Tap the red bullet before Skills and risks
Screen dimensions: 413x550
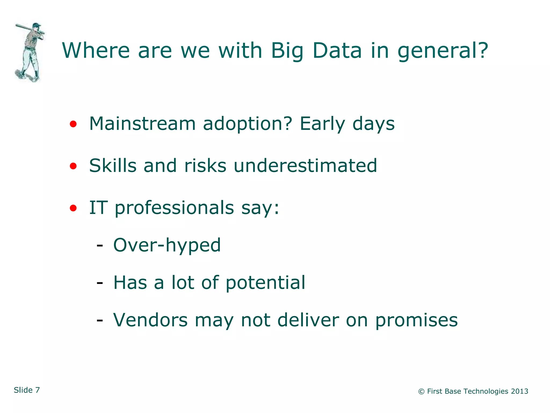[73, 166]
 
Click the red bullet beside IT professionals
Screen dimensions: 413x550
[73, 208]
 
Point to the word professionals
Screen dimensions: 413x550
[174, 208]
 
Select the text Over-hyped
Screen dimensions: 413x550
[167, 245]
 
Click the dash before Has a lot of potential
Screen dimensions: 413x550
[100, 283]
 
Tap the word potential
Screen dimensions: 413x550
[265, 283]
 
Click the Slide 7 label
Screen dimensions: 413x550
[27, 390]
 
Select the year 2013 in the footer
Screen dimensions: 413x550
[519, 391]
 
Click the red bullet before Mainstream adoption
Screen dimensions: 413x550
[73, 124]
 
